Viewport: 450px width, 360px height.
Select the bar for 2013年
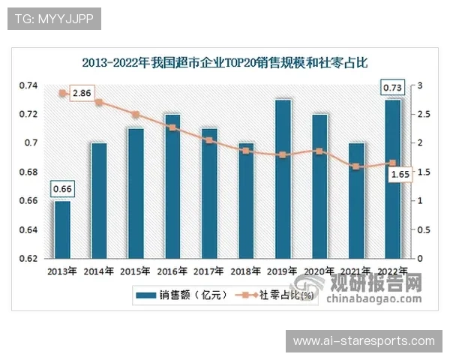tap(63, 229)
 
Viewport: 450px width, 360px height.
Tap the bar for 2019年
tap(283, 178)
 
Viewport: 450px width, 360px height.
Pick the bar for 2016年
tap(172, 185)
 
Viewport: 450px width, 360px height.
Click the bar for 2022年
tap(392, 178)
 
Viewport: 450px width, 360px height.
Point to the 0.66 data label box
tap(62, 187)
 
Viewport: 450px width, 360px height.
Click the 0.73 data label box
tap(392, 88)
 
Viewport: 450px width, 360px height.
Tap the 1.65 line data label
tap(400, 174)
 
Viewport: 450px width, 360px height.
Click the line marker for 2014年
tap(99, 103)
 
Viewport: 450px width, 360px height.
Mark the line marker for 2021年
tap(355, 166)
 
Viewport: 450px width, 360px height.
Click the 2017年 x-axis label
tap(209, 271)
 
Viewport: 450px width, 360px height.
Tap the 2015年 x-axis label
tap(136, 271)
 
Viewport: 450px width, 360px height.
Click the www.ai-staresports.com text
tap(364, 341)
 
